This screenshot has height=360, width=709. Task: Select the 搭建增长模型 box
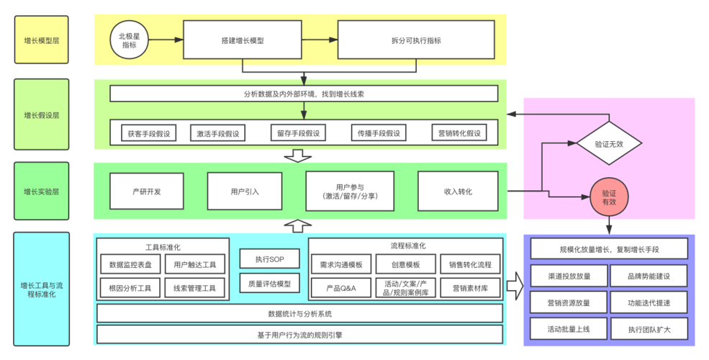coord(242,40)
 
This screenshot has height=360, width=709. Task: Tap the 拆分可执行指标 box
coord(416,40)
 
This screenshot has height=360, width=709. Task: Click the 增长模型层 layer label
coord(42,41)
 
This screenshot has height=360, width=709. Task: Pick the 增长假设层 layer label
coord(42,114)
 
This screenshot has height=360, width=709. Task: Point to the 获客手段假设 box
coord(148,133)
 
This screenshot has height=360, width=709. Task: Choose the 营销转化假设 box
coord(459,133)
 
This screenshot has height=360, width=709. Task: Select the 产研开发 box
coord(146,191)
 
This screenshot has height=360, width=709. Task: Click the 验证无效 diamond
coord(608,143)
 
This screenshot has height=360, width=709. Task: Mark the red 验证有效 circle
coord(608,198)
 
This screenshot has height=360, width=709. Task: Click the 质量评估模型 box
coord(268,284)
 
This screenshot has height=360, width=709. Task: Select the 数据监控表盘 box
coord(130,264)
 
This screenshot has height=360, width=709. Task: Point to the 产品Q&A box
coord(337,288)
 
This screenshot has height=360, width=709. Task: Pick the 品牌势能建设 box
coord(649,276)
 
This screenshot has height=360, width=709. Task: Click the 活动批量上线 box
coord(569,329)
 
